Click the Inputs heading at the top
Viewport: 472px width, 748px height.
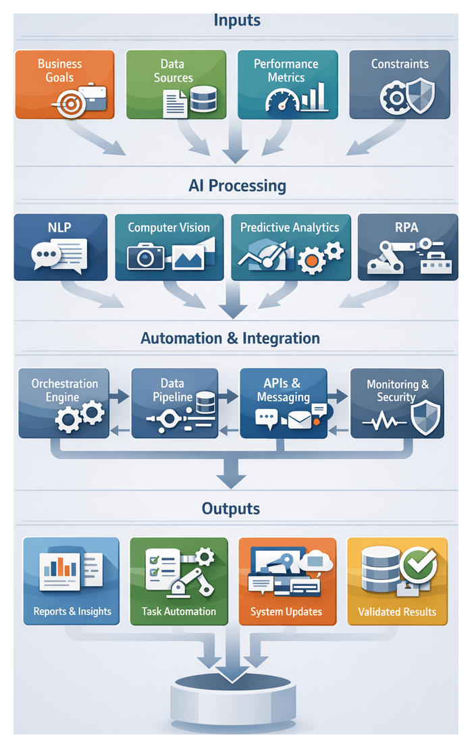click(x=236, y=20)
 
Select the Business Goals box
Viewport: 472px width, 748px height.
click(x=65, y=84)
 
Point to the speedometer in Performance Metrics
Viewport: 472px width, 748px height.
click(x=282, y=101)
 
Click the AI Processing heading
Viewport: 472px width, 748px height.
click(x=236, y=186)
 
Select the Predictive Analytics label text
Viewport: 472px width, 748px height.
click(x=290, y=228)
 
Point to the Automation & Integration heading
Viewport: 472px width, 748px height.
click(x=230, y=338)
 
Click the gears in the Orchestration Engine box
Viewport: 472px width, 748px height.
click(x=78, y=418)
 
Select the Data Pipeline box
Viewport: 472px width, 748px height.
click(x=175, y=402)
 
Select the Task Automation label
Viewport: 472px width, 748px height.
click(x=179, y=612)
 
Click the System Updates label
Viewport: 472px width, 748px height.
click(x=286, y=612)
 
